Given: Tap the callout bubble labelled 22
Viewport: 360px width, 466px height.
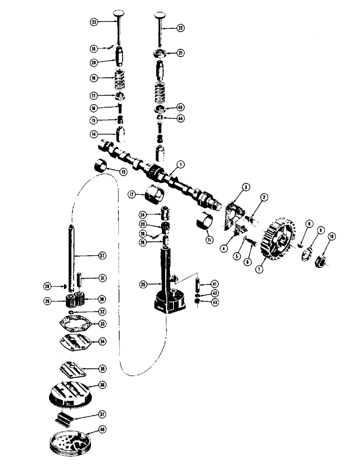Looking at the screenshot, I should pyautogui.click(x=180, y=28).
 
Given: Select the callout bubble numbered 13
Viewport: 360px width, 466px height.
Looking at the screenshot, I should pyautogui.click(x=123, y=172).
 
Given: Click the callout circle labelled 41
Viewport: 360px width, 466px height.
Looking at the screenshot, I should pyautogui.click(x=214, y=284).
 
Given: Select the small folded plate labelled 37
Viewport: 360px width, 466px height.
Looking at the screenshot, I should pyautogui.click(x=69, y=416).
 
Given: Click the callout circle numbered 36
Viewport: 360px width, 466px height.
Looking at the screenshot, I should pyautogui.click(x=103, y=385).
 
